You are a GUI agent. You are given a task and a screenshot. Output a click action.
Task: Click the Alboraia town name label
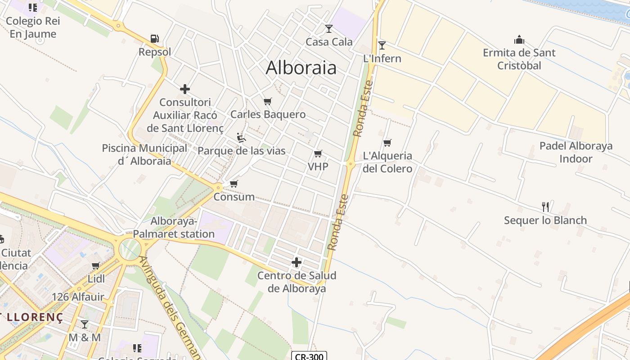coord(301,68)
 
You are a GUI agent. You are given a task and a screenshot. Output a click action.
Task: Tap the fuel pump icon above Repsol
coord(154,39)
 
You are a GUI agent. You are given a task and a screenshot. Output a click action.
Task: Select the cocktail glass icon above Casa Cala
coord(329,29)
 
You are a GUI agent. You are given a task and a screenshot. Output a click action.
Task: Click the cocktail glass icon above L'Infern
coord(382,45)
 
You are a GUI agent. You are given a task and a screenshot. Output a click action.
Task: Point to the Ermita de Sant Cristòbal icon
coord(519,40)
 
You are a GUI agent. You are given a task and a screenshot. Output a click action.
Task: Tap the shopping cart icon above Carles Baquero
coord(268,101)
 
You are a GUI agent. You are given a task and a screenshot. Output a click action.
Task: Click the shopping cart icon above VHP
coord(318,154)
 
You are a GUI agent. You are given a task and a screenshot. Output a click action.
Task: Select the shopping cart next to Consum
coord(234,184)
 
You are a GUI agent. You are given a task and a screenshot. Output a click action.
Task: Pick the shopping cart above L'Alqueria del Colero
coord(387,143)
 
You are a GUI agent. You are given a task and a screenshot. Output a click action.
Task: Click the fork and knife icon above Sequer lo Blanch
coord(545,207)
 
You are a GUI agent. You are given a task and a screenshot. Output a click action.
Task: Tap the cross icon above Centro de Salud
coord(297,262)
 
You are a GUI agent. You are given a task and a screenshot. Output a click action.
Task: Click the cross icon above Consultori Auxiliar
coord(185,89)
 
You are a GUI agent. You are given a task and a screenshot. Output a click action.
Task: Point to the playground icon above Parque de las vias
coord(241,137)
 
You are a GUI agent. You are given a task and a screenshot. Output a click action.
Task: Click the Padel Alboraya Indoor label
coord(576,153)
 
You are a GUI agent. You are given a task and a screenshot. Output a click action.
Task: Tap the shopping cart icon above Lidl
coord(95,266)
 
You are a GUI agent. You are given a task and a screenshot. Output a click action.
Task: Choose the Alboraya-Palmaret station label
coord(174,228)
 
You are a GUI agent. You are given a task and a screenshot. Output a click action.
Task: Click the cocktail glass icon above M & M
coord(84,324)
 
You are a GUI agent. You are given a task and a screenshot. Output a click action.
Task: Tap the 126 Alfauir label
coord(78,297)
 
